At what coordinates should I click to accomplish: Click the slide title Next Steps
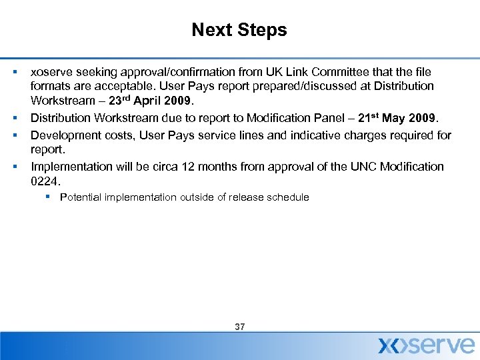[x=239, y=30]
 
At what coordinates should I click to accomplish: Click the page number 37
[x=240, y=327]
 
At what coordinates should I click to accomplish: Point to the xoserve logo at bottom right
[x=427, y=344]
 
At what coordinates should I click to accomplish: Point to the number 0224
[x=44, y=181]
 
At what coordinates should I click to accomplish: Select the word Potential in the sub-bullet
[x=81, y=197]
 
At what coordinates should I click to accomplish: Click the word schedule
[x=288, y=197]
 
